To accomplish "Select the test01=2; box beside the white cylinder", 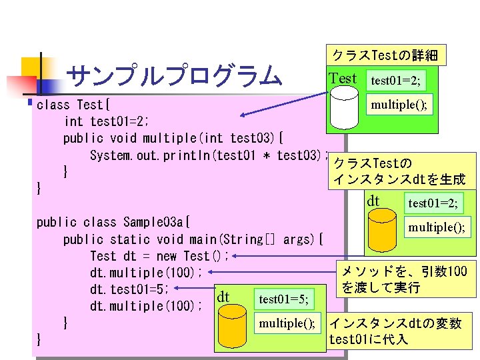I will [x=395, y=81].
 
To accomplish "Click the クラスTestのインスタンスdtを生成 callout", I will [x=404, y=171].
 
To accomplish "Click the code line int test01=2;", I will [x=106, y=122].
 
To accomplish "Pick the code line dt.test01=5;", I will [x=133, y=289].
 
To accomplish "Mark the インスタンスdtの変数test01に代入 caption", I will [x=395, y=331].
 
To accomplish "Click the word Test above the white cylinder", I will [x=343, y=79].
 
